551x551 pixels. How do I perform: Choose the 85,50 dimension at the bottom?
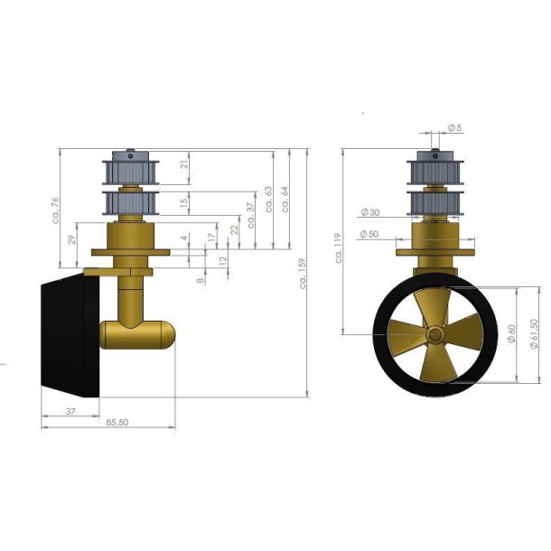pos(117,422)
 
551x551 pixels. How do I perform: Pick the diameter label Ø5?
pos(453,128)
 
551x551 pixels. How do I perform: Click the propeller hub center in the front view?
pos(436,335)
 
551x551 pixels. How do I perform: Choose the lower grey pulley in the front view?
pos(436,202)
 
